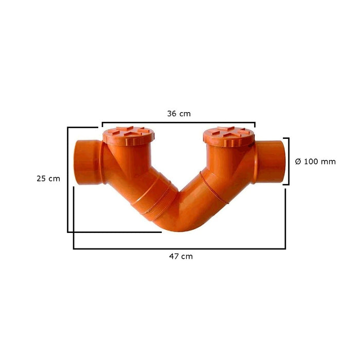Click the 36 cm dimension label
click(x=178, y=114)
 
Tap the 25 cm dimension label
click(x=48, y=179)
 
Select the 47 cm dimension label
click(x=180, y=256)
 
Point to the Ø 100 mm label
click(x=315, y=161)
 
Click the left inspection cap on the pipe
click(x=128, y=135)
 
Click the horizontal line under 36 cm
click(x=178, y=123)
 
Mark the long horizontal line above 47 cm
click(x=179, y=248)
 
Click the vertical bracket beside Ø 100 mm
click(x=288, y=161)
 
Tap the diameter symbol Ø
click(x=298, y=161)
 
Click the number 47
click(x=174, y=256)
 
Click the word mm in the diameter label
click(x=328, y=161)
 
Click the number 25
click(x=42, y=179)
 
